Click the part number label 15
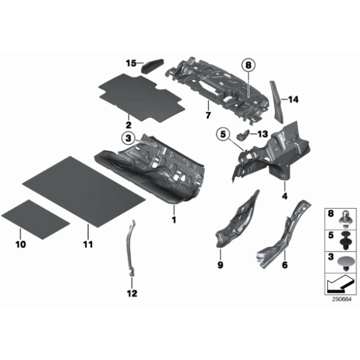[130, 63]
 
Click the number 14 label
[292, 99]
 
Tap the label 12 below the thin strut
[132, 293]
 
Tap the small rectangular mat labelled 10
[36, 215]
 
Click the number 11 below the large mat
[88, 244]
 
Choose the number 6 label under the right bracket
[285, 266]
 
